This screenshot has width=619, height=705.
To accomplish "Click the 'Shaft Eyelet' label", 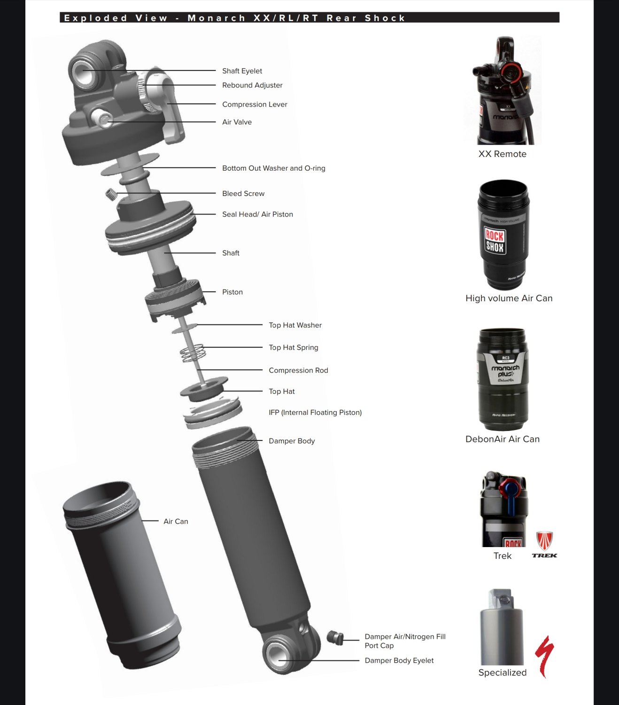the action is click(x=242, y=71).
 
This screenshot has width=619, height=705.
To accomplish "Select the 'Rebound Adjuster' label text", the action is click(x=252, y=85).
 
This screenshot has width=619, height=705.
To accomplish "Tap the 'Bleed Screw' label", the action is click(x=243, y=194).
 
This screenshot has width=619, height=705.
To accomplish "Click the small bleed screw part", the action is click(x=111, y=194).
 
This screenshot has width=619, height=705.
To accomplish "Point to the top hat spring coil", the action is click(x=193, y=352).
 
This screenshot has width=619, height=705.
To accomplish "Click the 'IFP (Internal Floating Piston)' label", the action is click(x=315, y=412).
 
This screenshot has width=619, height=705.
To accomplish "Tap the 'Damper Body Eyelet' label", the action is click(x=399, y=660).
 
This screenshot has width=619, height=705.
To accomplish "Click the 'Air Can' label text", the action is click(x=176, y=521).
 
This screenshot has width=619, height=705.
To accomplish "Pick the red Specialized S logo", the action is click(x=545, y=656).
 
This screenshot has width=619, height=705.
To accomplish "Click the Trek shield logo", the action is click(x=545, y=541).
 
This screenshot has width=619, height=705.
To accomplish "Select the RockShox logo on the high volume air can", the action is click(x=495, y=241).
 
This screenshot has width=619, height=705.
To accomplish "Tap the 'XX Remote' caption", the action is click(x=502, y=154).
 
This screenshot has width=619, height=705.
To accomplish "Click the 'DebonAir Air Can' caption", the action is click(x=503, y=439).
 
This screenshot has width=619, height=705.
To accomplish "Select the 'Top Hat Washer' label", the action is click(x=295, y=325).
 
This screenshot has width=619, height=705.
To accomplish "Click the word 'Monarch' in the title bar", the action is click(x=217, y=18).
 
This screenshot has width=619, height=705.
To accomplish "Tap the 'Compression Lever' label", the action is click(x=255, y=104).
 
